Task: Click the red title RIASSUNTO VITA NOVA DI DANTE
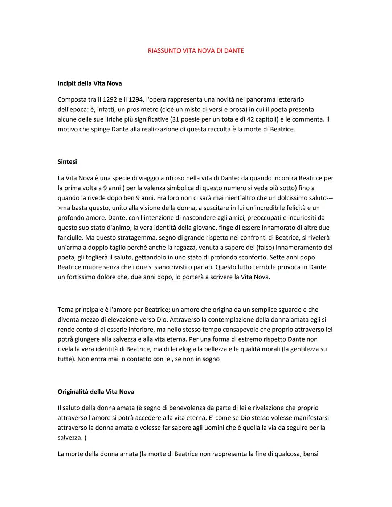click(x=196, y=51)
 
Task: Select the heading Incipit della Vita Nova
click(x=90, y=83)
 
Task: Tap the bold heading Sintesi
click(x=67, y=162)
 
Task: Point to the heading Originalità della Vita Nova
click(x=96, y=392)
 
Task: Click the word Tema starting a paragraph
click(x=65, y=310)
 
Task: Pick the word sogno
click(x=211, y=359)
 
